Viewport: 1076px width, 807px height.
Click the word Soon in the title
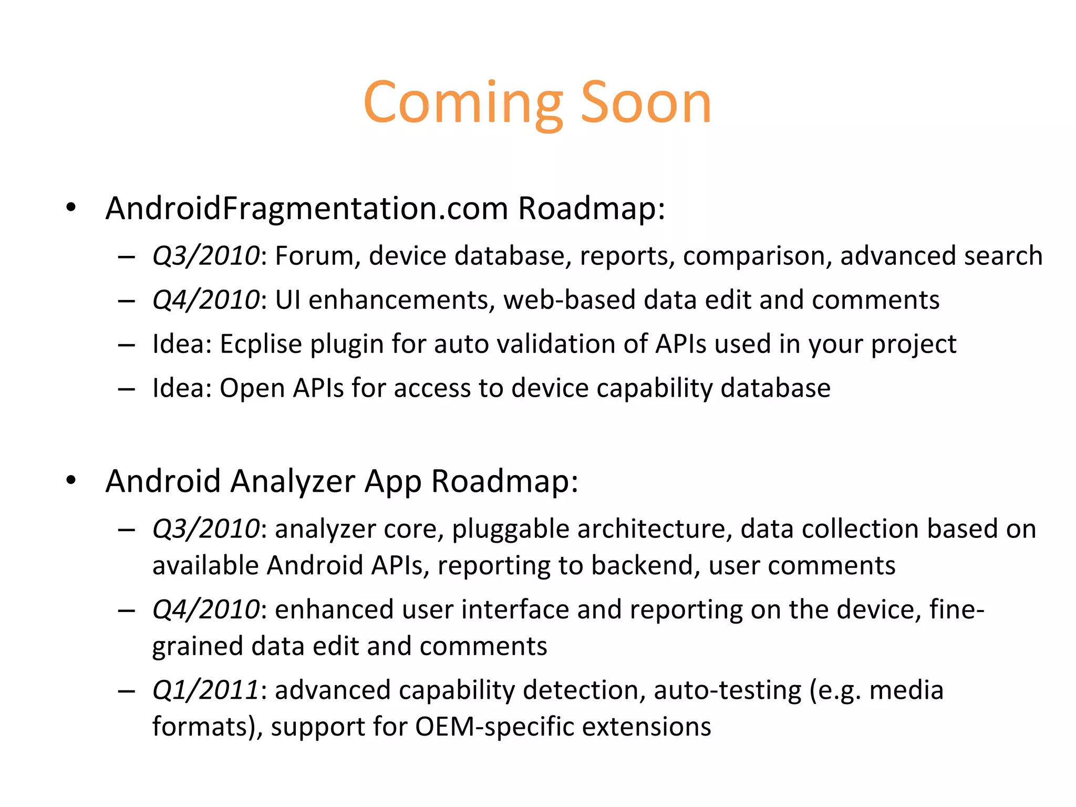[x=646, y=103]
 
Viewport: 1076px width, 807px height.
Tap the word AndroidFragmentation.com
[x=307, y=209]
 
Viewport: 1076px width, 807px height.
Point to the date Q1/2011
[x=205, y=690]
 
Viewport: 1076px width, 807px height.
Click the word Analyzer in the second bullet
[x=293, y=481]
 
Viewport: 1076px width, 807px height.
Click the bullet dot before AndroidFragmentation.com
[x=71, y=208]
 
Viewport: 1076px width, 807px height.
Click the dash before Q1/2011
[x=127, y=691]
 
